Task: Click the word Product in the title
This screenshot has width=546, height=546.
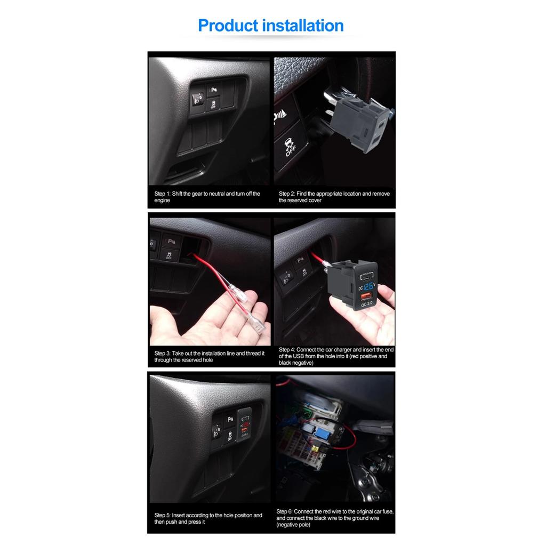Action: tap(228, 26)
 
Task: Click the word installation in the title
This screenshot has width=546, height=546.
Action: tap(303, 26)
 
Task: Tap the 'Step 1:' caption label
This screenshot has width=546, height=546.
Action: tap(162, 194)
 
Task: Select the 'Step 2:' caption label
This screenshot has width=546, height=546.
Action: tap(286, 194)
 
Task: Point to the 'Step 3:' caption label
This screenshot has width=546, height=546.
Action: tap(162, 354)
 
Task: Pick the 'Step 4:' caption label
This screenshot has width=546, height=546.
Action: tap(286, 350)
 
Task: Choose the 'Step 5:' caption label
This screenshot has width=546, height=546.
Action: tap(162, 516)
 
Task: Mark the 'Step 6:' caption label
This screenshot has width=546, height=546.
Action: tap(284, 511)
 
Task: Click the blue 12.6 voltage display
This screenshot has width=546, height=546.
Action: tap(368, 287)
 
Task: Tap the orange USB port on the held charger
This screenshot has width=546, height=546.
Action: tap(366, 296)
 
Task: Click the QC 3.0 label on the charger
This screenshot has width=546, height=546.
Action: tap(367, 304)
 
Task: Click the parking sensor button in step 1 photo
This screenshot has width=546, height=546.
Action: tap(213, 90)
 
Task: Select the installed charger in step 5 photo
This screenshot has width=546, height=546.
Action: tap(245, 424)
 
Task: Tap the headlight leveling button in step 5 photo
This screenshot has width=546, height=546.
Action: tap(218, 431)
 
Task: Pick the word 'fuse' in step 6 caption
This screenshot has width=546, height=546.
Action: tap(387, 511)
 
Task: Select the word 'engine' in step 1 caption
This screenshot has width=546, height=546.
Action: tap(162, 200)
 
